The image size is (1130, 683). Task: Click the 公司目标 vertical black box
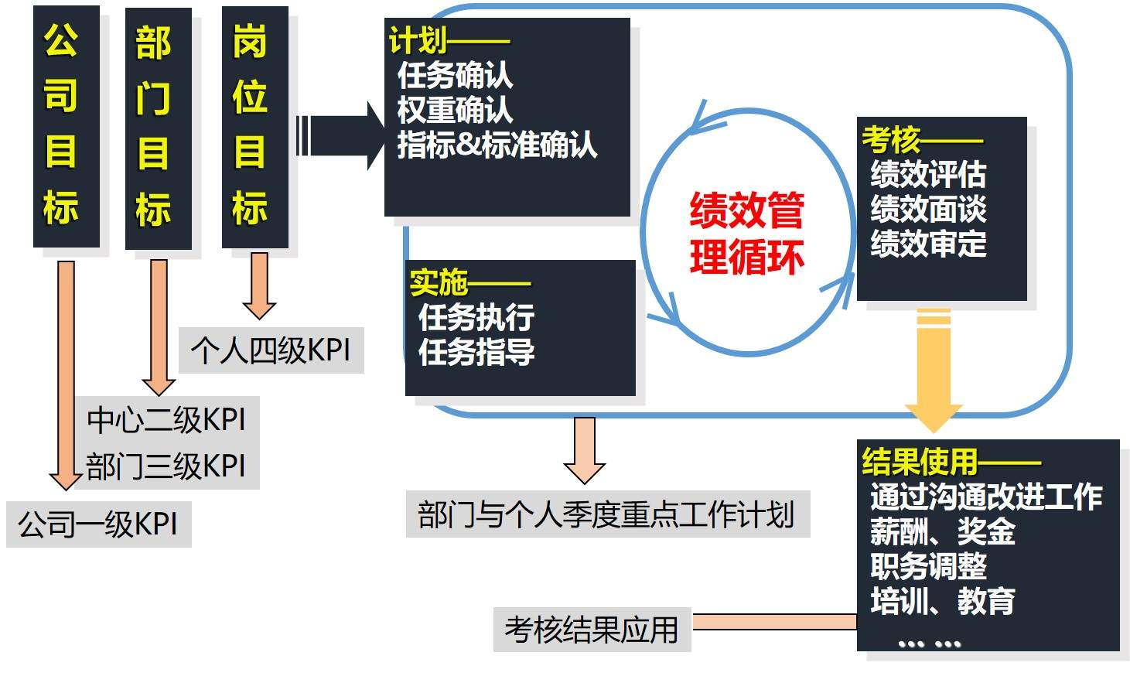[66, 126]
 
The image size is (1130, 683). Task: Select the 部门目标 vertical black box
[158, 128]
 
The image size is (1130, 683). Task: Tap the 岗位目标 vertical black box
[254, 126]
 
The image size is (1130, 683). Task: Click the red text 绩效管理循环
[746, 233]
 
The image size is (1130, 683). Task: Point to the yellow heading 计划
[418, 40]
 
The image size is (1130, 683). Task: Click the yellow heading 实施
[439, 282]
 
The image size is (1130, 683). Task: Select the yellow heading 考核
[891, 140]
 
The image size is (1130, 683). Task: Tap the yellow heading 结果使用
[920, 462]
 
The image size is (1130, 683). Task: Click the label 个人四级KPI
[271, 350]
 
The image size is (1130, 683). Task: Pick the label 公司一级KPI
[98, 524]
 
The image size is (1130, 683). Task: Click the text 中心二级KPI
[166, 420]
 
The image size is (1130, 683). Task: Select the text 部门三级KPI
[166, 466]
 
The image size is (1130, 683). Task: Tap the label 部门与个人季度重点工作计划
[607, 514]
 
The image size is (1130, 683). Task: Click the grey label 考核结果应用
[592, 630]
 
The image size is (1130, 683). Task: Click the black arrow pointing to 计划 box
[340, 136]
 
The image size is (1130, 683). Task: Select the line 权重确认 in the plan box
[455, 110]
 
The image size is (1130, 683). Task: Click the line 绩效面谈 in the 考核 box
[928, 209]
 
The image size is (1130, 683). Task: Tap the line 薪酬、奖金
[942, 531]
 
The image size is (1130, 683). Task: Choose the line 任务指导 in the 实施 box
[476, 352]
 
